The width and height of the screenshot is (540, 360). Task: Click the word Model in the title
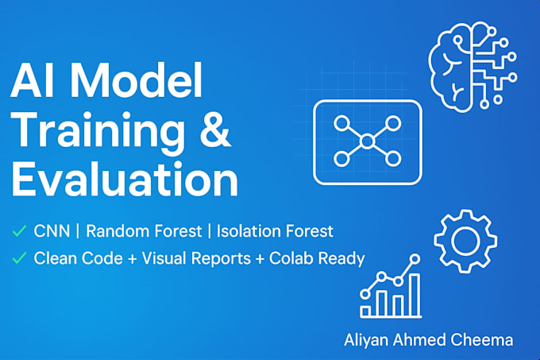click(x=137, y=81)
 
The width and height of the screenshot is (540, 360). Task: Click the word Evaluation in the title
click(x=125, y=179)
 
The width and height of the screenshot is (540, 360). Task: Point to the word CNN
click(x=52, y=230)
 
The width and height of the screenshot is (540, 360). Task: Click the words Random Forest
click(x=144, y=230)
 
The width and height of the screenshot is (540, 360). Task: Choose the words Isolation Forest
click(x=275, y=230)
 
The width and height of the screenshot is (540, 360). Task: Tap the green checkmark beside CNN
click(x=19, y=231)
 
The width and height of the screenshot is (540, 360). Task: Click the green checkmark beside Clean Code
click(x=19, y=258)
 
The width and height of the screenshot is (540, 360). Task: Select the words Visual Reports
click(x=196, y=258)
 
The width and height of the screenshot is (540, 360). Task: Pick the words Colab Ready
click(x=317, y=259)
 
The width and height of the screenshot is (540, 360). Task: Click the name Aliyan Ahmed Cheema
click(x=428, y=339)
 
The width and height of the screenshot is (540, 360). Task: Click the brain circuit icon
click(x=472, y=68)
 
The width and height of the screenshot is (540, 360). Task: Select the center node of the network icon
click(x=367, y=141)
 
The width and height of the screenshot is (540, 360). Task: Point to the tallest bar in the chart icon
click(x=415, y=295)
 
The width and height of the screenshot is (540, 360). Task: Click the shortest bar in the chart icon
click(x=365, y=312)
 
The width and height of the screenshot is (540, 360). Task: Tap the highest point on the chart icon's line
click(x=415, y=259)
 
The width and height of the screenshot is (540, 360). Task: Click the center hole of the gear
click(x=465, y=241)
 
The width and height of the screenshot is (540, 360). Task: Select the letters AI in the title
click(x=33, y=81)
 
